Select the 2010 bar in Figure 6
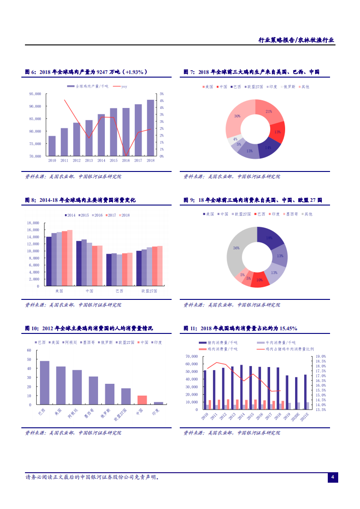coord(52,146)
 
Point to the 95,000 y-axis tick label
coord(35,94)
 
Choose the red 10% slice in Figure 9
coord(260,280)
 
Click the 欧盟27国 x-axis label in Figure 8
coord(149,291)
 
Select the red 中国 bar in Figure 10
coord(142,400)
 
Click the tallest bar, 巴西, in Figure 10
coord(44,382)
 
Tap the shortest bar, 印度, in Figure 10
coord(158,403)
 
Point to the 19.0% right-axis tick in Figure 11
coord(321,357)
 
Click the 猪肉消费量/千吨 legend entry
coord(219,343)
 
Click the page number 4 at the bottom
coord(332,477)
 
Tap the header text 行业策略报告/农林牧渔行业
coord(296,40)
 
